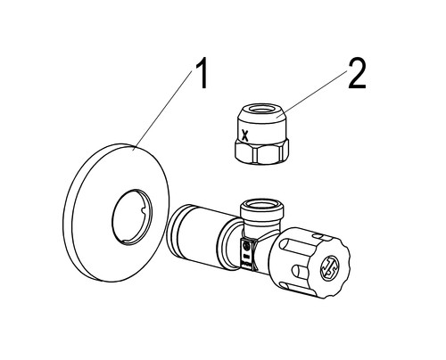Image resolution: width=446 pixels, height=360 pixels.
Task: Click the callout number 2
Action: point(357,73)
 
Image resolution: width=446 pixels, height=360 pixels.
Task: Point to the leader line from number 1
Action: point(162,110)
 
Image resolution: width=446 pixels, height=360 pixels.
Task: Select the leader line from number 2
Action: point(312,94)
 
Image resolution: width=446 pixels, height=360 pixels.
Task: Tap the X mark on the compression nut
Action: point(244,135)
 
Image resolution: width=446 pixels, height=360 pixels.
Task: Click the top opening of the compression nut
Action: point(262,110)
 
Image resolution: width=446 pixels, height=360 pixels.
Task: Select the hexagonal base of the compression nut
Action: point(261,151)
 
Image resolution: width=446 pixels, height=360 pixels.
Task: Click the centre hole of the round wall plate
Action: point(132,217)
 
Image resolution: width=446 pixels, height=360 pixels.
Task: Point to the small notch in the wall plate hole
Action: point(143,209)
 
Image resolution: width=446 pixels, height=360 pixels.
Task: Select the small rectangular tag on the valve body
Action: point(247,254)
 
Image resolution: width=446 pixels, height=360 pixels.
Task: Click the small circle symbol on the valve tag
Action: point(246,246)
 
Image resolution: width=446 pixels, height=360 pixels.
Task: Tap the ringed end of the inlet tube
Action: point(178,231)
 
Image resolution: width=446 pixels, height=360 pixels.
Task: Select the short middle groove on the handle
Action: point(300,270)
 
